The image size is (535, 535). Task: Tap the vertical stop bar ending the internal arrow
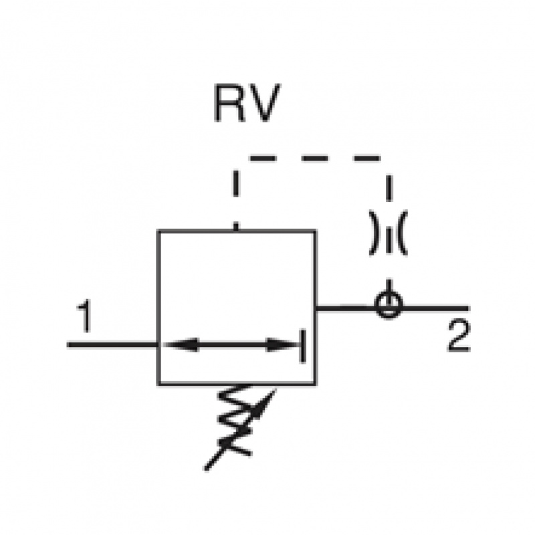point(303,345)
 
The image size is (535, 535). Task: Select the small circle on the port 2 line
point(388,307)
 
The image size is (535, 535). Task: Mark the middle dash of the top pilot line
point(315,158)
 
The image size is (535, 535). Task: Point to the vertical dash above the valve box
point(236,183)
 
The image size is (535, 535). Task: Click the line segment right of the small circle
point(435,308)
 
